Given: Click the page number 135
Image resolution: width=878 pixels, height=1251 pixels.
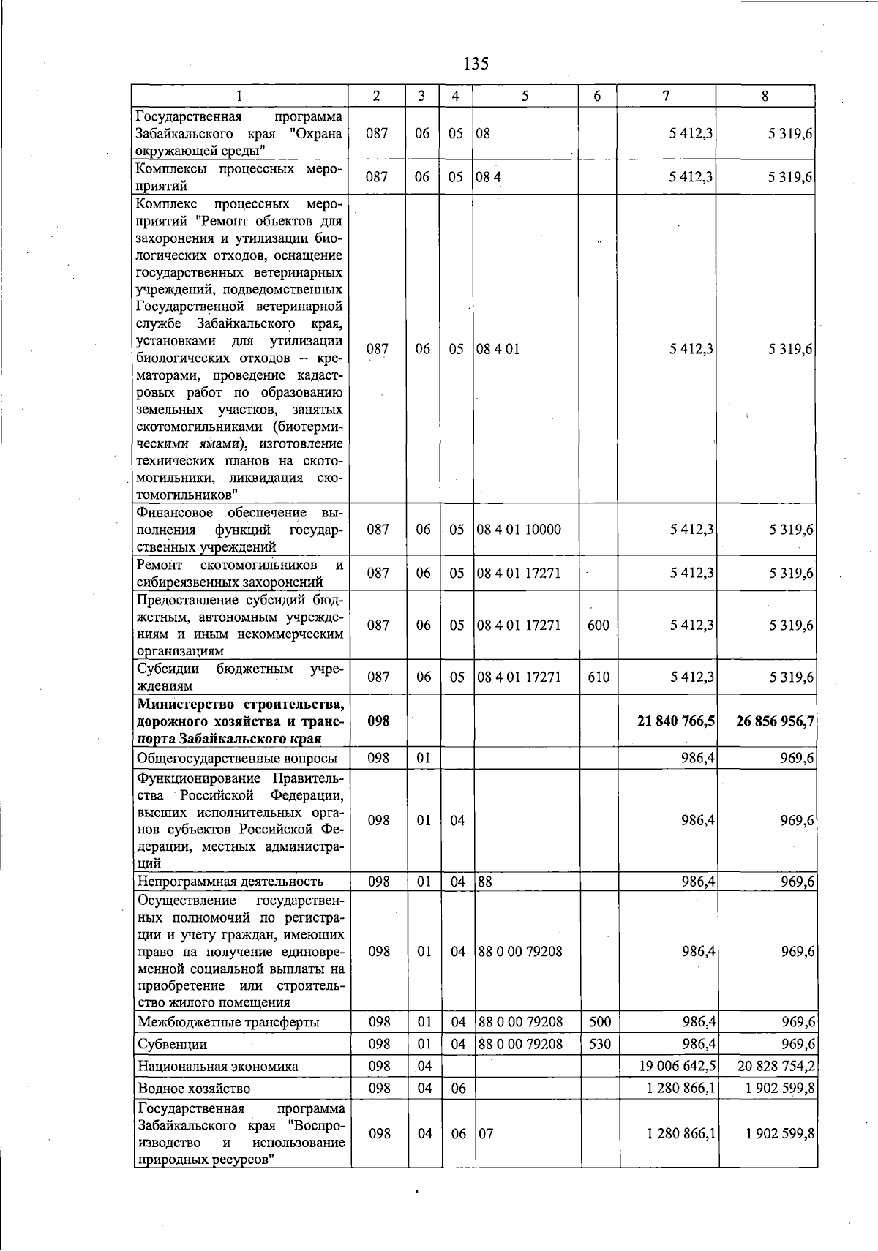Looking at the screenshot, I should (476, 64).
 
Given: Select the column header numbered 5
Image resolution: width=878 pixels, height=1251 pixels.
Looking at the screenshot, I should (525, 96).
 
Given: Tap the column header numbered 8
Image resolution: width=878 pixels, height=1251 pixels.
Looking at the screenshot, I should (765, 96).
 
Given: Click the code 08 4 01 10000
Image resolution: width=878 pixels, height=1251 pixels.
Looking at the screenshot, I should (519, 530).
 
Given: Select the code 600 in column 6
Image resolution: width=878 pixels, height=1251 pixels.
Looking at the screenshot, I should (598, 625).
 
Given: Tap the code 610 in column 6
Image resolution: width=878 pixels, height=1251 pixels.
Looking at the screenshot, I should (598, 677).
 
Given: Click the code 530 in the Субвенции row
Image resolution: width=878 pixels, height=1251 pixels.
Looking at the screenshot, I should (599, 1044).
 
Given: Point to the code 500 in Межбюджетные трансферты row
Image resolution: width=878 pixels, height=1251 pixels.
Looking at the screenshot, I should (599, 1022).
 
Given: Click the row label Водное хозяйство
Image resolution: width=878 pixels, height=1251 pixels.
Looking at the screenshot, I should (194, 1089).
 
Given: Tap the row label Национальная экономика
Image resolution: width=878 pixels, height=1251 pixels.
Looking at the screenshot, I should (218, 1067).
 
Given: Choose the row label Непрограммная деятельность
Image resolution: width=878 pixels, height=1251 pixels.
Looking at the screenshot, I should (230, 882).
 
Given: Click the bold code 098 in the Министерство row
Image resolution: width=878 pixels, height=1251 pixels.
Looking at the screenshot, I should (378, 721).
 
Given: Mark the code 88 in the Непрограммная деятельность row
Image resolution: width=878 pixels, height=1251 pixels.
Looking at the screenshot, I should (484, 882).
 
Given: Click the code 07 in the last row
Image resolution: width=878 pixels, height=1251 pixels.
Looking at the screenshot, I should (486, 1133).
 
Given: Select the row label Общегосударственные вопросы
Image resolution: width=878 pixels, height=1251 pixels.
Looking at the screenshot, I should (238, 758).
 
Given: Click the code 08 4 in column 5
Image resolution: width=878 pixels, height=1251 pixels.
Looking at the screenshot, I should (489, 177).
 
